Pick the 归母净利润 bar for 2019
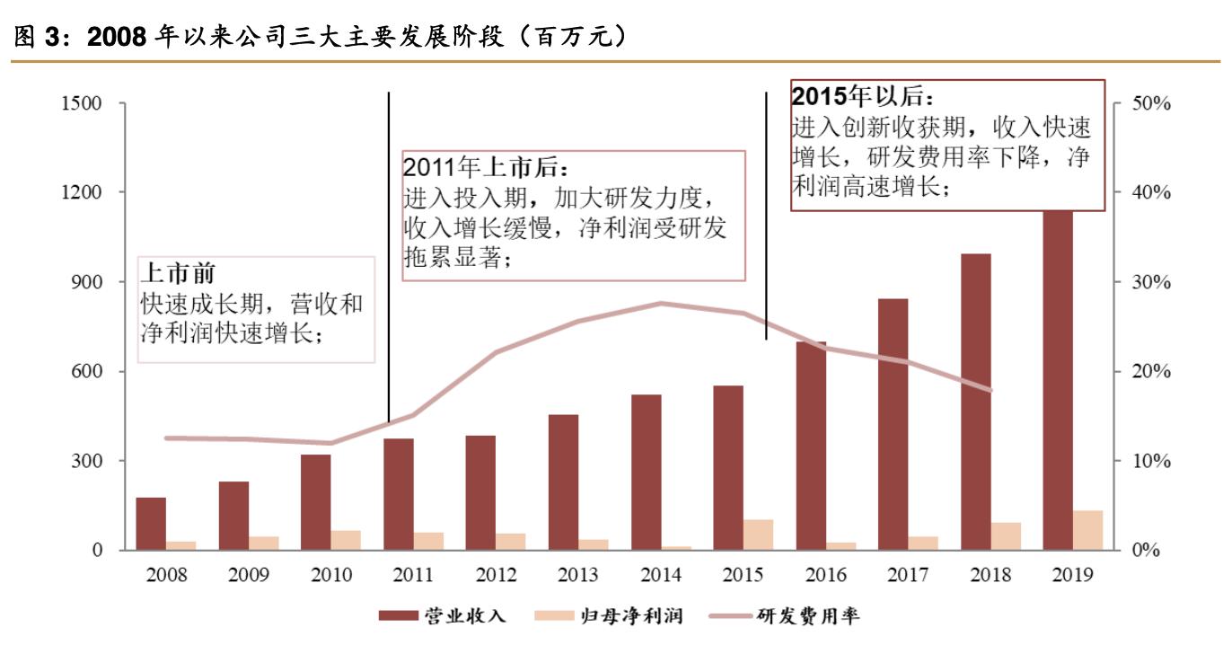(x=1087, y=530)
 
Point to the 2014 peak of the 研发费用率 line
(x=660, y=304)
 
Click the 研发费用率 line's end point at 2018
(x=990, y=390)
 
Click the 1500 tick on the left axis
(x=80, y=103)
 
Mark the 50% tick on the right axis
(x=1150, y=103)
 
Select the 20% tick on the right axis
(x=1150, y=372)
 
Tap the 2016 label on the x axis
(x=825, y=575)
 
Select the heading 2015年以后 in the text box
(x=863, y=96)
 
